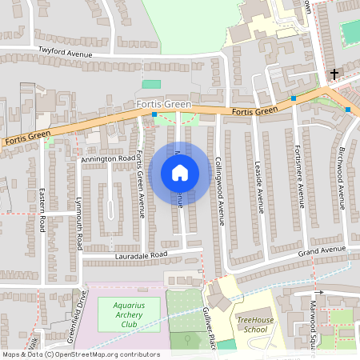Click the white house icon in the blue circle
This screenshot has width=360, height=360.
click(x=180, y=173)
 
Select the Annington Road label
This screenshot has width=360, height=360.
click(x=108, y=159)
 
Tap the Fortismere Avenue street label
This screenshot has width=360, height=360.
click(x=299, y=176)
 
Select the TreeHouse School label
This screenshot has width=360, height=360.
click(x=254, y=324)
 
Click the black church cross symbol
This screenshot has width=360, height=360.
click(x=334, y=74)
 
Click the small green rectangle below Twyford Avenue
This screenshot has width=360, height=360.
click(x=151, y=83)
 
